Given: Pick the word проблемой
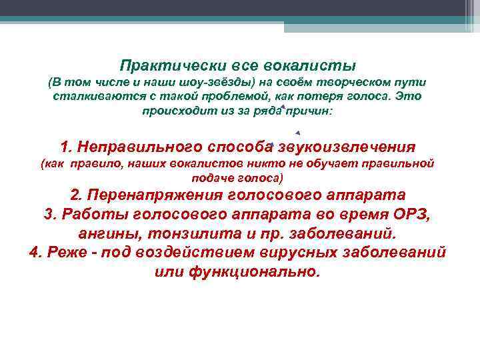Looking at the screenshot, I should pyautogui.click(x=216, y=97).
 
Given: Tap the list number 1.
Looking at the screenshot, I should pyautogui.click(x=65, y=147).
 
